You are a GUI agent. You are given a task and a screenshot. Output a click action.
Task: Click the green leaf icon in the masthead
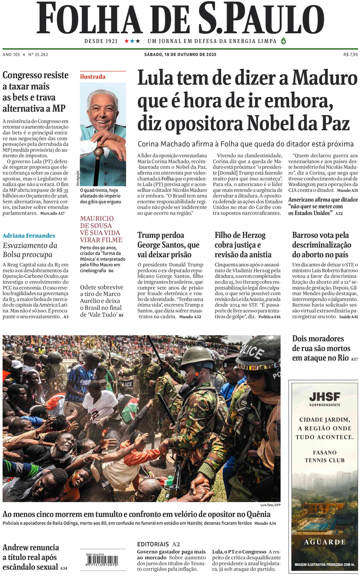point(283,41)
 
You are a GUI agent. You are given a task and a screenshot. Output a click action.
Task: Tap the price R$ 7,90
point(350,54)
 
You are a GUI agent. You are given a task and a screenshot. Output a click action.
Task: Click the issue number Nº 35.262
point(38,54)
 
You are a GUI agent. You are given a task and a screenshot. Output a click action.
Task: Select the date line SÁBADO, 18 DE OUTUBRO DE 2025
point(180,54)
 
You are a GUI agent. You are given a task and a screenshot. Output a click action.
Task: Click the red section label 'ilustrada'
point(93,77)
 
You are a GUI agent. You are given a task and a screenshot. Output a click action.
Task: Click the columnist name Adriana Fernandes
point(29,236)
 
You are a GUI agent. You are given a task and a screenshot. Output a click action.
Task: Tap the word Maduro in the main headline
point(325,78)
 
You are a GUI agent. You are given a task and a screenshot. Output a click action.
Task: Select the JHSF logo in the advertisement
point(325,397)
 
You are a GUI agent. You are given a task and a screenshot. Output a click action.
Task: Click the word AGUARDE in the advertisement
point(325,542)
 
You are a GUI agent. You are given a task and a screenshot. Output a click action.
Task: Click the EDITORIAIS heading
point(153,544)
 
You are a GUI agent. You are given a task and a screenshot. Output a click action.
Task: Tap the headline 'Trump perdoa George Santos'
point(168,245)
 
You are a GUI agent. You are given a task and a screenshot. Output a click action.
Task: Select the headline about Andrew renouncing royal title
point(31,557)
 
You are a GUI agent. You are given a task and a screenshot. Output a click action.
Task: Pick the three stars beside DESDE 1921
point(132,41)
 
